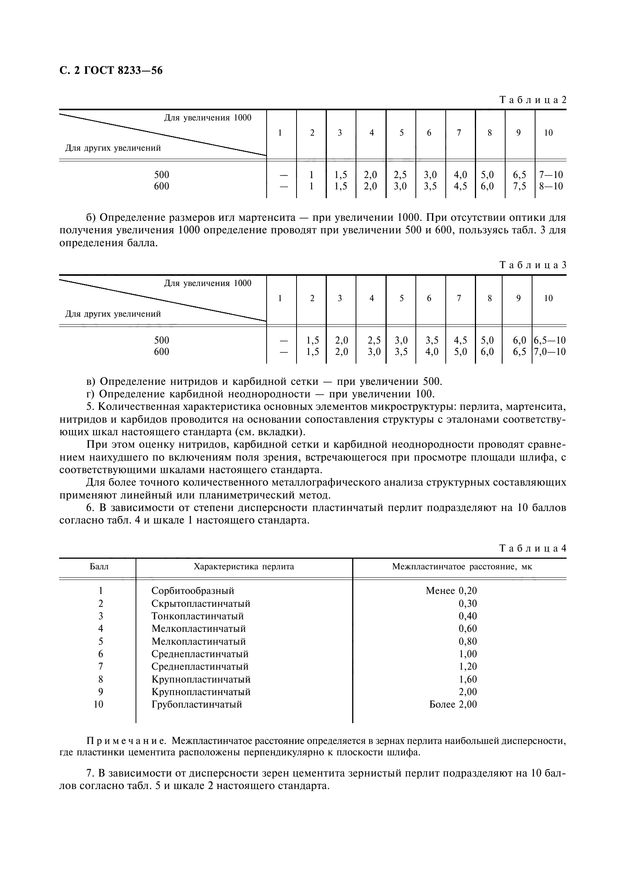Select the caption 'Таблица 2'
tap(533, 100)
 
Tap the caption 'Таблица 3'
tap(533, 265)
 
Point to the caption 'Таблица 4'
tap(533, 548)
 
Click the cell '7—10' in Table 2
tap(551, 175)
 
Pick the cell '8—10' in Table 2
tap(551, 186)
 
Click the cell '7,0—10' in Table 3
tap(550, 352)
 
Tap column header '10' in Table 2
tap(548, 133)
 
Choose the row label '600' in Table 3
tap(162, 352)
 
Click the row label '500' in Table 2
tap(162, 175)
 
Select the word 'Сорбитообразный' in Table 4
tap(193, 591)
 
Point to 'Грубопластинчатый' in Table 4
tap(197, 704)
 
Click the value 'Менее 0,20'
tap(451, 591)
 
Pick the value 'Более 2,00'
tap(453, 704)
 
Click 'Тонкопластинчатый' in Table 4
tap(197, 616)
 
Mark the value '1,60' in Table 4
tap(467, 679)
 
